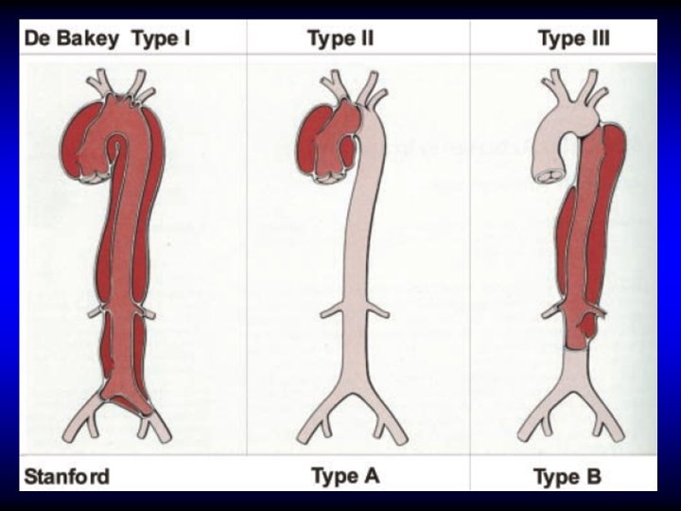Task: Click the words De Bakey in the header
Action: tap(71, 39)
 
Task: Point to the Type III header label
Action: tap(573, 39)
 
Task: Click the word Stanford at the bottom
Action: tap(66, 475)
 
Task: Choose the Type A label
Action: tap(345, 475)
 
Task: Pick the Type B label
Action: tap(567, 475)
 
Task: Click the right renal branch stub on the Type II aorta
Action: tap(375, 308)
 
